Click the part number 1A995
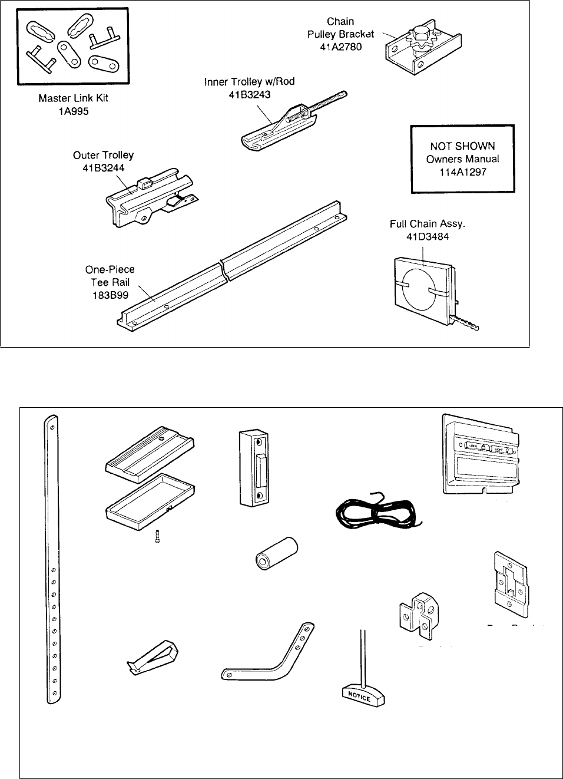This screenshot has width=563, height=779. pyautogui.click(x=73, y=111)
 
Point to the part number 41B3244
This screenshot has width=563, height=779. pyautogui.click(x=103, y=167)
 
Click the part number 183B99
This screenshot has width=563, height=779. pyautogui.click(x=110, y=295)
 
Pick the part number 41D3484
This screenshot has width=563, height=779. pyautogui.click(x=422, y=236)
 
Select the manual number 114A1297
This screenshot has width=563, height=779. pyautogui.click(x=462, y=172)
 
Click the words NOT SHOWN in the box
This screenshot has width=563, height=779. pyautogui.click(x=462, y=146)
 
